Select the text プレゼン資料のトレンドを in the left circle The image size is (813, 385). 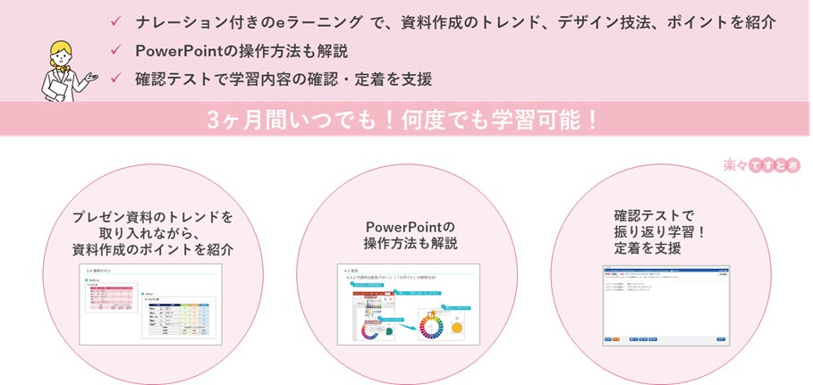point(153,217)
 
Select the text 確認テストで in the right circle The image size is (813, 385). point(654,215)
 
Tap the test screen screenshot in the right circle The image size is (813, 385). point(665,305)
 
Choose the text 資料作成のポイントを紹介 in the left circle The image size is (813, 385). point(153,250)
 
